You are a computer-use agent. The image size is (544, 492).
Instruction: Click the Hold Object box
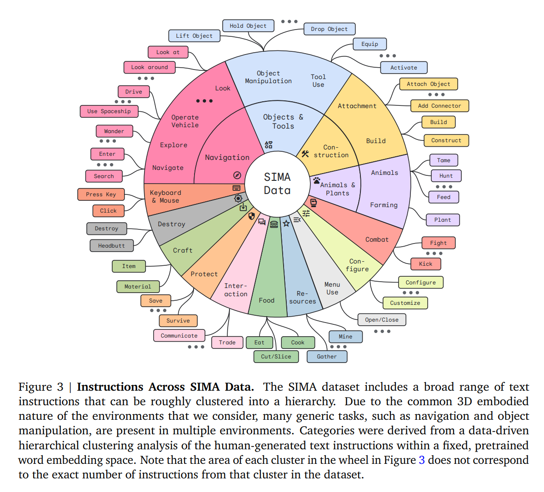point(248,26)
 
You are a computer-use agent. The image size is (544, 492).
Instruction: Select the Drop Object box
point(329,29)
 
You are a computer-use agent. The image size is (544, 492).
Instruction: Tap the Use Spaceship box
point(109,111)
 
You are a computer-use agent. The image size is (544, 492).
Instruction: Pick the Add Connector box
point(439,106)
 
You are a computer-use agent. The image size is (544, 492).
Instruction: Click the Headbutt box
point(111,246)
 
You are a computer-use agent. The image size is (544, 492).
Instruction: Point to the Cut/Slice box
point(276,357)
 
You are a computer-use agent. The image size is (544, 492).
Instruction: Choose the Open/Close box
point(381,320)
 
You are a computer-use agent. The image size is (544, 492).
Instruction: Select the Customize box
point(405,303)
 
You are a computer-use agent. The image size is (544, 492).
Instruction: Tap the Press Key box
point(101,194)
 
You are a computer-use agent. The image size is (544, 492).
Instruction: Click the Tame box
point(444,160)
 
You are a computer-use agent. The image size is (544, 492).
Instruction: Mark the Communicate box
point(179,336)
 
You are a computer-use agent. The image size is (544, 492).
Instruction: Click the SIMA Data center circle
point(277,184)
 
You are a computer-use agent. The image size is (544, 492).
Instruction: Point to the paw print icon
point(316,180)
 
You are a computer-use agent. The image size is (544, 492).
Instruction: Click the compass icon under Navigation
point(237,175)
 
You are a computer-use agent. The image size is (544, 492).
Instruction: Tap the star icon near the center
point(286,223)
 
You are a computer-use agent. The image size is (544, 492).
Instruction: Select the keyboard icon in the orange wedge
point(236,188)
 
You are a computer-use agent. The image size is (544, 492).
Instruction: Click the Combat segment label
point(377,239)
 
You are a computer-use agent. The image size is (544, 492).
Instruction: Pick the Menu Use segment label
point(332,288)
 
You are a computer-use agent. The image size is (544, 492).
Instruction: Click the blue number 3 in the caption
point(422,460)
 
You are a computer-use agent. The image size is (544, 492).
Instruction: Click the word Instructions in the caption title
point(110,387)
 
